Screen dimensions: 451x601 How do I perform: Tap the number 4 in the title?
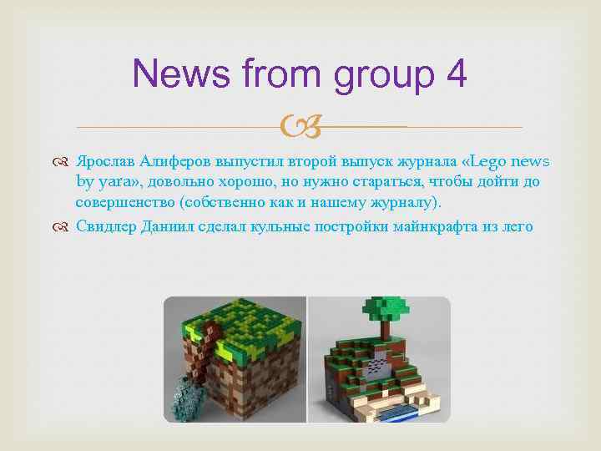click(x=456, y=73)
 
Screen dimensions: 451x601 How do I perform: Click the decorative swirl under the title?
click(x=299, y=128)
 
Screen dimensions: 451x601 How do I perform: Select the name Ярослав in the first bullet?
click(x=105, y=161)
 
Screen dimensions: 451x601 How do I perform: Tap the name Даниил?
click(x=170, y=225)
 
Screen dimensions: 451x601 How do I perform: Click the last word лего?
click(x=517, y=225)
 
